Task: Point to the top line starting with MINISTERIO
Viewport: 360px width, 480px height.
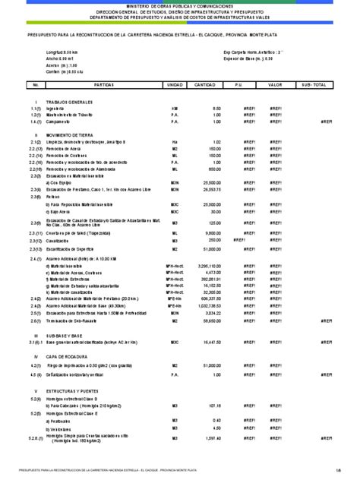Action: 179,6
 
